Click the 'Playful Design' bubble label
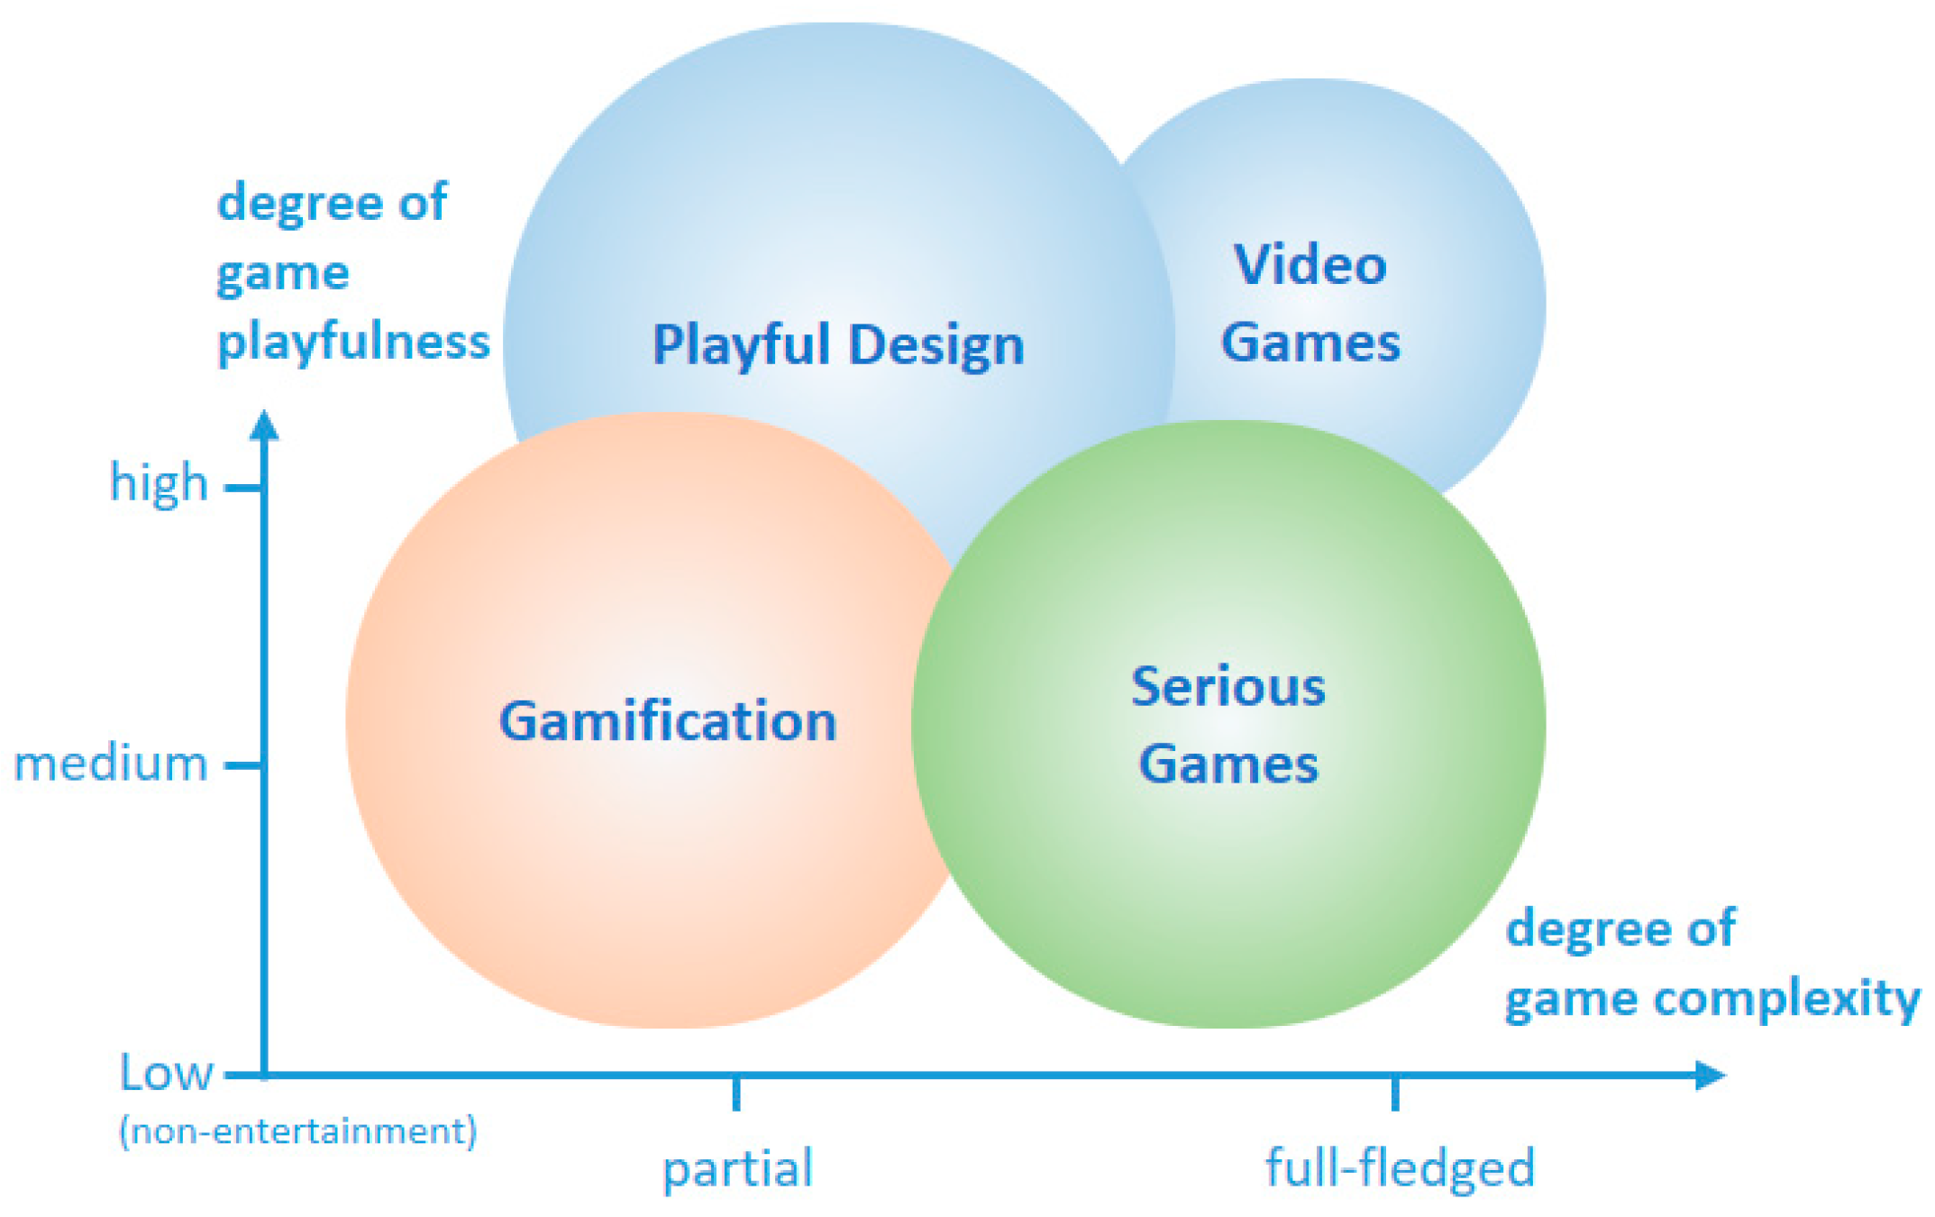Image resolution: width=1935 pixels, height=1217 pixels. (838, 345)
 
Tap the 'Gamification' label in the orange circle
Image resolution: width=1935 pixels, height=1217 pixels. (668, 721)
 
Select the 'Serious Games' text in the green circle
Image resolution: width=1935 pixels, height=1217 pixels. (1228, 726)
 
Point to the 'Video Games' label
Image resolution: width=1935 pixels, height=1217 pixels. (1310, 304)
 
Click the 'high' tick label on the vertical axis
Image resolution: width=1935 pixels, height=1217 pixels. (159, 483)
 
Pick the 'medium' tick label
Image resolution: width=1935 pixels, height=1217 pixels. (111, 764)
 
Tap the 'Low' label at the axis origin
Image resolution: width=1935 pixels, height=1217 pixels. (166, 1073)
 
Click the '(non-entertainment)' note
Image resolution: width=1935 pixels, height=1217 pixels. (297, 1130)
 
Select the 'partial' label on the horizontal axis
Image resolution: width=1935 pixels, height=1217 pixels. (737, 1168)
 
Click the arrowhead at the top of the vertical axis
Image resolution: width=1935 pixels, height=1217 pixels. (264, 425)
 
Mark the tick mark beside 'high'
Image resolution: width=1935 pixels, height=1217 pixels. (242, 489)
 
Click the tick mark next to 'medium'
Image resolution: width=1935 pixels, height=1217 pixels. (242, 766)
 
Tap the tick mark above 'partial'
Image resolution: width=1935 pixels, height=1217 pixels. (736, 1093)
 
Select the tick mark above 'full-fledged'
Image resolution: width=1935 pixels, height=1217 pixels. (1395, 1093)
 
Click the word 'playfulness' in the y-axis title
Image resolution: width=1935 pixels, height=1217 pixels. (353, 343)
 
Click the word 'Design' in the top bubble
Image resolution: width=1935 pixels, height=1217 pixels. (936, 345)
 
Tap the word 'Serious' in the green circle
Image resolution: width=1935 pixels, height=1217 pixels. (1228, 687)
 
